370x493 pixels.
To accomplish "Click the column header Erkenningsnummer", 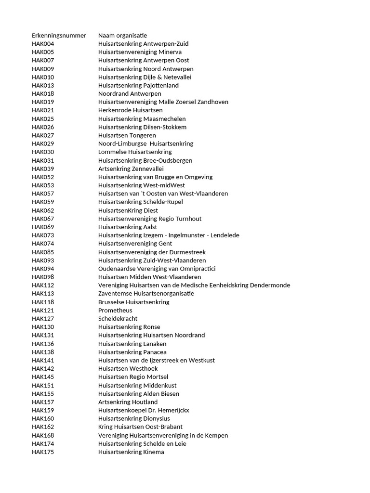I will (x=59, y=35).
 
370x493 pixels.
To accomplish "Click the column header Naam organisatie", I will (x=122, y=35).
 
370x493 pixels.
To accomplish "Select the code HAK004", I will (x=43, y=44).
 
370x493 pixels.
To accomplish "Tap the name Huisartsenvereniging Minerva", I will (x=140, y=52).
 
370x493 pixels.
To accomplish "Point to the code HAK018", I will (x=43, y=93).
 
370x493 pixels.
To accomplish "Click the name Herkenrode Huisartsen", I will (x=130, y=110).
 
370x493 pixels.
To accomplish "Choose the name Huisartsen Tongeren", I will (x=127, y=135).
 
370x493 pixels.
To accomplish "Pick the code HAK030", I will (x=43, y=152).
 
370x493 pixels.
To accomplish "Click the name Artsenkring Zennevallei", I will (x=131, y=169).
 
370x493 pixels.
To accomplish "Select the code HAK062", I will (x=43, y=210).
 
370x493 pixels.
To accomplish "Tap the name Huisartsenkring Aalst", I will (x=127, y=227).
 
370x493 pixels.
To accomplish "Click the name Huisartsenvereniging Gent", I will (x=135, y=244).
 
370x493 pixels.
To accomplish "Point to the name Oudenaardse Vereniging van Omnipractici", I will (x=157, y=269).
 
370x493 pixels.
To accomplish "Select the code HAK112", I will (x=43, y=285).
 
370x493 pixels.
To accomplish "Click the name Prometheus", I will (x=115, y=311).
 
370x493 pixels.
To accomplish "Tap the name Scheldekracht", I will (x=118, y=319).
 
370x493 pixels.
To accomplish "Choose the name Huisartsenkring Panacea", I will (x=132, y=352).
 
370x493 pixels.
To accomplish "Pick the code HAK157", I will (x=43, y=402).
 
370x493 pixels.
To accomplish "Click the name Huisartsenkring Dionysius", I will (x=134, y=418).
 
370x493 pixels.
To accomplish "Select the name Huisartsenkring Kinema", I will (x=131, y=452).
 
